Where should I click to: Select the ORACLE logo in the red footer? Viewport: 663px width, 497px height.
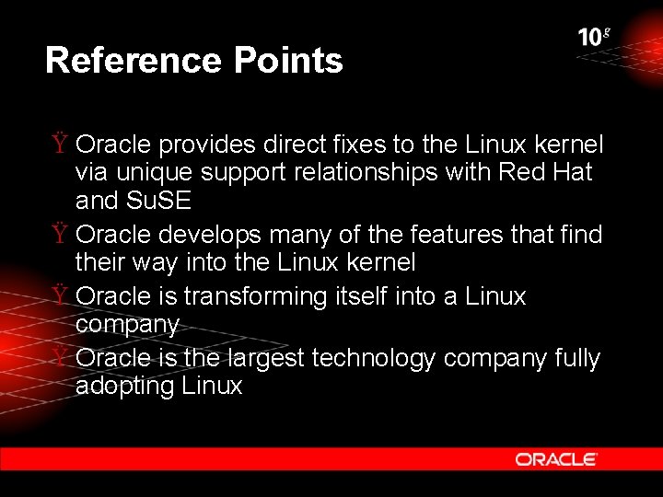point(556,459)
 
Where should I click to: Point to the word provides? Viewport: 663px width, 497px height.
point(209,145)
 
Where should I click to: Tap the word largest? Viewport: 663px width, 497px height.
point(267,359)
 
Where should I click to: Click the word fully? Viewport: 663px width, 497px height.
point(577,359)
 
